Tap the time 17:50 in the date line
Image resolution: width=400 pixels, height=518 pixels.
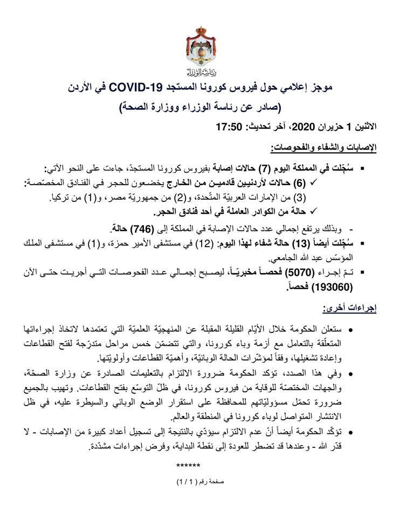click(x=226, y=127)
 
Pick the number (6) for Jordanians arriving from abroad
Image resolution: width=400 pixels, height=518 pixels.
click(x=349, y=183)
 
